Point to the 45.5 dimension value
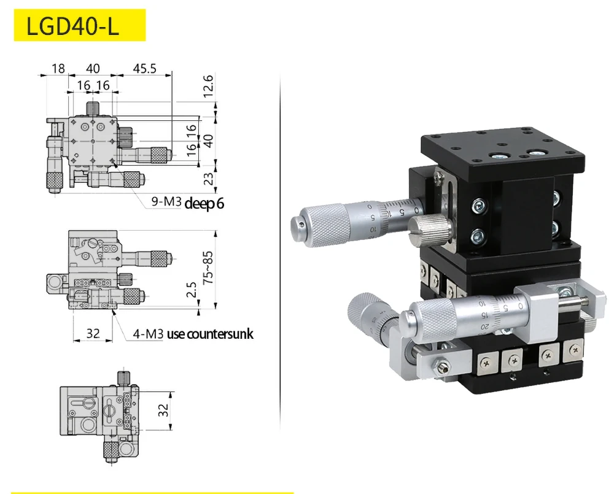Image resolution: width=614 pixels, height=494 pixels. point(144,68)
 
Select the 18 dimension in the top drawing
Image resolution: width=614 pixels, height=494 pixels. point(58,68)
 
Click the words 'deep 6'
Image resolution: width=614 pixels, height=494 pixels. point(204,203)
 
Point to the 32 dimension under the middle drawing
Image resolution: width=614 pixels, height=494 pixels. point(93,333)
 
